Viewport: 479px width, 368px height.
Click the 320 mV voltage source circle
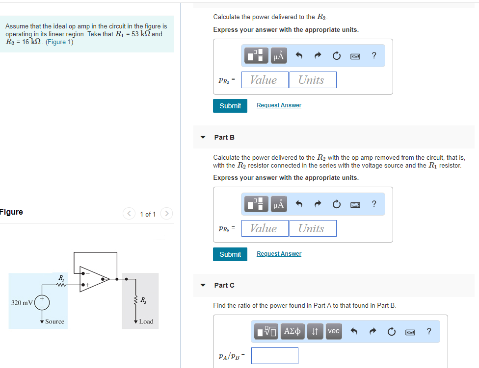click(42, 302)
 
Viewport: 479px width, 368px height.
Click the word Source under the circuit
click(54, 321)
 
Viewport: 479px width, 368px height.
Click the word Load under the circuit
click(146, 321)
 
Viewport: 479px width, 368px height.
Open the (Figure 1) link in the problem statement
click(59, 42)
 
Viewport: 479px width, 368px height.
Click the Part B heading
click(224, 137)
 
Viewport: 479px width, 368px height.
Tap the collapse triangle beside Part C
click(203, 285)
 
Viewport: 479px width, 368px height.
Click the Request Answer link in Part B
click(279, 254)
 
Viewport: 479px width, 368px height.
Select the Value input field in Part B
click(264, 228)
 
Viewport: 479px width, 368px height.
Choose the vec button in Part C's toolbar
click(334, 332)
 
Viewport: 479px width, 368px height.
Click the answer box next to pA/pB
click(274, 355)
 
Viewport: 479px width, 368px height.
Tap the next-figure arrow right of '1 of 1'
click(166, 214)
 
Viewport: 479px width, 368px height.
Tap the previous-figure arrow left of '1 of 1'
click(129, 214)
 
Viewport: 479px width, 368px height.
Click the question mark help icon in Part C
click(429, 332)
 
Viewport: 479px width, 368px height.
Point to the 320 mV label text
click(22, 302)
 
